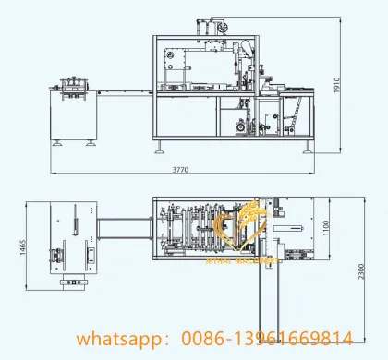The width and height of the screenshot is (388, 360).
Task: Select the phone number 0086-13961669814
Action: coord(269,339)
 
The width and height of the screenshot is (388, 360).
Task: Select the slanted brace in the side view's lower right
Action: coord(297,119)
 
